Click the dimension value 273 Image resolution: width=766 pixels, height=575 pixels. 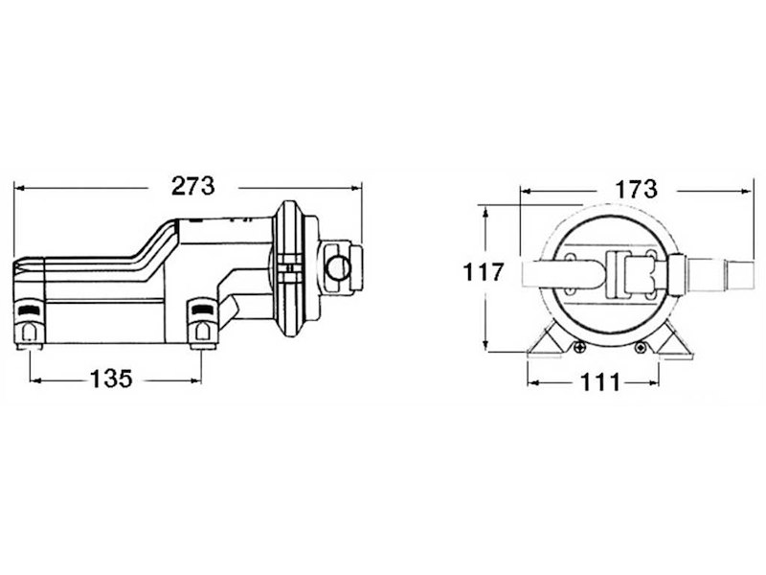click(193, 186)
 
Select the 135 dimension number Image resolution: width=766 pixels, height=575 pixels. click(111, 379)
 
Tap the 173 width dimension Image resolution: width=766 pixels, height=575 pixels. click(636, 189)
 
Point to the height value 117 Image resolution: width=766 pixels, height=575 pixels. click(484, 272)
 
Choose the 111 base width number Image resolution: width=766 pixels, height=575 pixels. click(600, 382)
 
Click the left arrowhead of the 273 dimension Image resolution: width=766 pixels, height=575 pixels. click(19, 188)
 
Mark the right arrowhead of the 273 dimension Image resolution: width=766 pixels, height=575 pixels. click(356, 188)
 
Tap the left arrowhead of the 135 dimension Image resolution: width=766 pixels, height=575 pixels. click(35, 379)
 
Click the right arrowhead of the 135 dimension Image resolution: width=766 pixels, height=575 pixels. click(196, 379)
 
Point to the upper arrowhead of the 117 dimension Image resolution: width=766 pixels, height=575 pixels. click(485, 211)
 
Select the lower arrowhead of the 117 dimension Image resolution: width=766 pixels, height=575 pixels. click(485, 345)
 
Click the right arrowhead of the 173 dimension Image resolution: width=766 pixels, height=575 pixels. click(747, 192)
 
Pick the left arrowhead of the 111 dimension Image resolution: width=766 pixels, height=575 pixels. click(533, 382)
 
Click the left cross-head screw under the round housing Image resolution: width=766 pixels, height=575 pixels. click(579, 348)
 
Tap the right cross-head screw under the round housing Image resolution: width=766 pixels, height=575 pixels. click(640, 348)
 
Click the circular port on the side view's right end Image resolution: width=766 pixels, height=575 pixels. click(338, 267)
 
